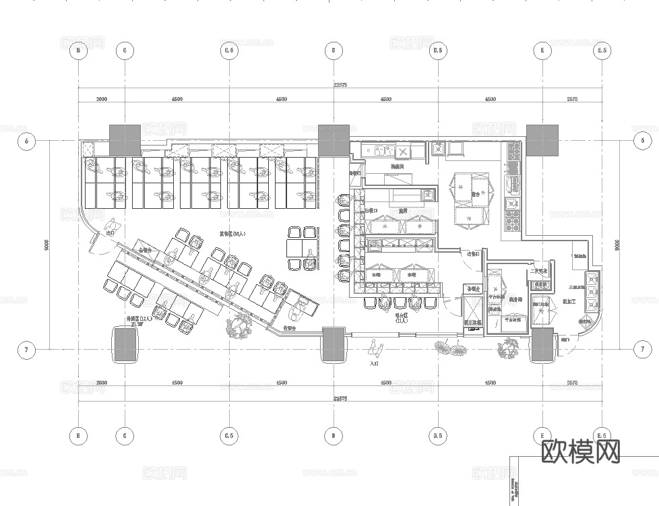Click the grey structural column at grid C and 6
pyautogui.click(x=125, y=139)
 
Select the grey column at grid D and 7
pyautogui.click(x=334, y=344)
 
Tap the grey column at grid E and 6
pyautogui.click(x=542, y=139)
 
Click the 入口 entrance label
pyautogui.click(x=375, y=363)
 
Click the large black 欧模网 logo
pyautogui.click(x=580, y=451)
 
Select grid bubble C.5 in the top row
pyautogui.click(x=229, y=51)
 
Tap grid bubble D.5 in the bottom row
pyautogui.click(x=438, y=436)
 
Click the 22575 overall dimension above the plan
pyautogui.click(x=340, y=85)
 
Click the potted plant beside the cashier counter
pyautogui.click(x=239, y=327)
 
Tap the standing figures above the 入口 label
pyautogui.click(x=375, y=349)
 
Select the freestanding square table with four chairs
pyautogui.click(x=301, y=248)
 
